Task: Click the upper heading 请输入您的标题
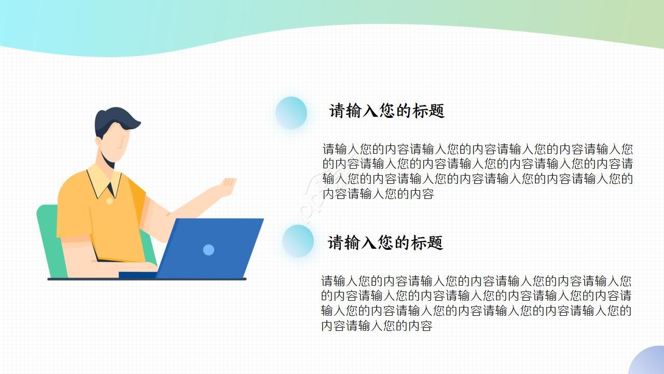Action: (x=387, y=111)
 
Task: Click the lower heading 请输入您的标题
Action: (x=385, y=243)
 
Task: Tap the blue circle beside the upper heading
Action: (x=291, y=113)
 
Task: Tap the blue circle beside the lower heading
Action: (x=298, y=241)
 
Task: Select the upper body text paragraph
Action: (x=477, y=171)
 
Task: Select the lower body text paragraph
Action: (x=476, y=303)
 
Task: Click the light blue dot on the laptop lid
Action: (x=209, y=250)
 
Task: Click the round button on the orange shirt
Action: (x=109, y=201)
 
